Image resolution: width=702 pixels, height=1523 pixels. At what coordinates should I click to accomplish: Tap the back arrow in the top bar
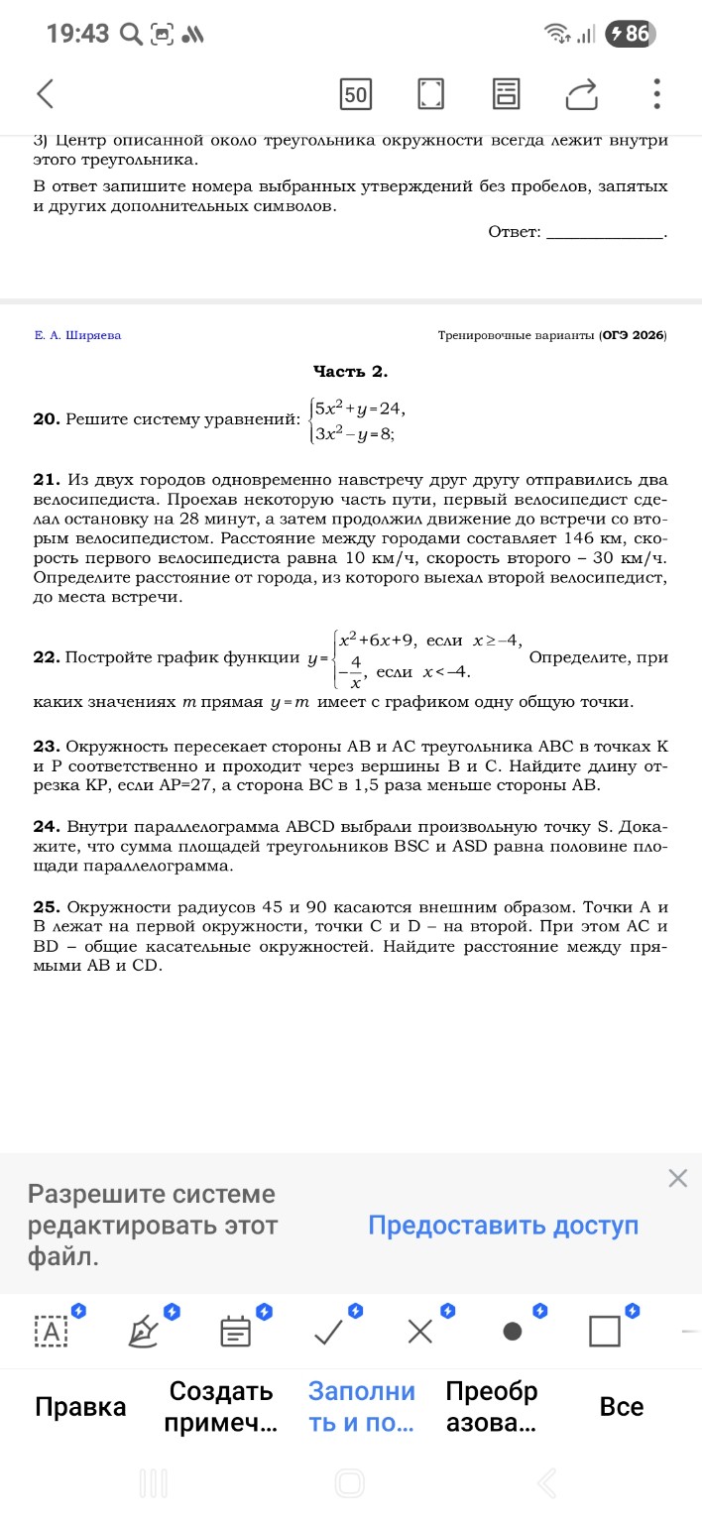(45, 94)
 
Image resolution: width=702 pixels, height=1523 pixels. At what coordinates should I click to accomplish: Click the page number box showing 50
(355, 94)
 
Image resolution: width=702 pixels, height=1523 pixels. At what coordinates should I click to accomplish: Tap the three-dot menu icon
(656, 94)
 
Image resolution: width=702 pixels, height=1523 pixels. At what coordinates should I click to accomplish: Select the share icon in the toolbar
(582, 94)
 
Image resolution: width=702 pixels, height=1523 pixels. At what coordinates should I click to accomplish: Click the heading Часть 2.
(350, 371)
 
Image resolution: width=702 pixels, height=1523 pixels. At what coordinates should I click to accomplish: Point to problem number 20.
(46, 419)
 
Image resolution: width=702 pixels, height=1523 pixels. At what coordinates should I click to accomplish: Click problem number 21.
(46, 481)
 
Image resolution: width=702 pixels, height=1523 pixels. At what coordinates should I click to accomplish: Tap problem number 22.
(46, 657)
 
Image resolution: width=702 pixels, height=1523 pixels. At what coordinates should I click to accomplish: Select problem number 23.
(46, 745)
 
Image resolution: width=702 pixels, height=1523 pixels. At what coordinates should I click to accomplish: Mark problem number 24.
(46, 826)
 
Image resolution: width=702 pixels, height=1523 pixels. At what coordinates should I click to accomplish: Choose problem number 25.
(46, 907)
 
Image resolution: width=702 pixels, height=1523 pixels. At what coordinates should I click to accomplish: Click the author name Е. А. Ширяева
(77, 335)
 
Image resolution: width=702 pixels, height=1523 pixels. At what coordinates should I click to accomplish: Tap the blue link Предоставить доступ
(503, 1226)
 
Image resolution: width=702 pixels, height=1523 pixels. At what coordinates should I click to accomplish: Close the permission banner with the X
(677, 1178)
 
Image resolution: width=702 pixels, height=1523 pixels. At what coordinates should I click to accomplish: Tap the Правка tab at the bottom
(80, 1406)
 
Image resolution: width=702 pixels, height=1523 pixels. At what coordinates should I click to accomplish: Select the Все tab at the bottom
(622, 1406)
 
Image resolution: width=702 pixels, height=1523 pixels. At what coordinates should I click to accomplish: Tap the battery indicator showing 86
(630, 34)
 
